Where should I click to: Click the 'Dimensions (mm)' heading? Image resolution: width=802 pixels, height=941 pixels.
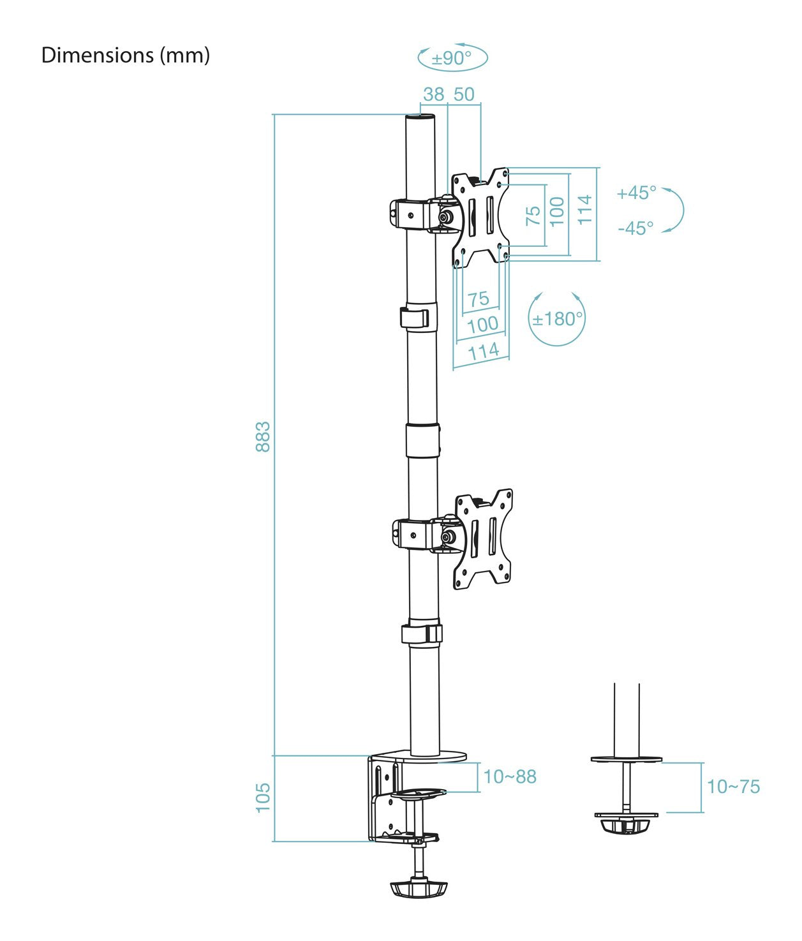click(x=125, y=56)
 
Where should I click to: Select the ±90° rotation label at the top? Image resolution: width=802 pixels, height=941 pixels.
click(x=452, y=58)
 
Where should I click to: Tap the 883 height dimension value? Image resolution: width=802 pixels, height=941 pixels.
click(x=263, y=436)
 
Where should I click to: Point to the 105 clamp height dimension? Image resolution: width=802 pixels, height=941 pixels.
click(x=263, y=797)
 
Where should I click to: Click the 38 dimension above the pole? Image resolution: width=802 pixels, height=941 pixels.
click(x=434, y=94)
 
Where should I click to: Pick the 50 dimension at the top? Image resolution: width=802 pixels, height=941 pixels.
click(x=464, y=94)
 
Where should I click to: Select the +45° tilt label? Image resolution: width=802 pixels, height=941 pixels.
click(x=636, y=193)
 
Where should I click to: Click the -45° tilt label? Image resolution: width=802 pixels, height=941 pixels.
click(x=635, y=228)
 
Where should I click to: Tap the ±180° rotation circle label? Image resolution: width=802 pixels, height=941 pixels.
click(x=558, y=318)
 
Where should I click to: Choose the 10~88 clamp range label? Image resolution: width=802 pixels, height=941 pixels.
click(x=510, y=776)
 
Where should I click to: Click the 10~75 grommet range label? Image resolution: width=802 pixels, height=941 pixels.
click(x=733, y=787)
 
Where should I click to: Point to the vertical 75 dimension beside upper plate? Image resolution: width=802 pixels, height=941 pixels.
click(x=533, y=215)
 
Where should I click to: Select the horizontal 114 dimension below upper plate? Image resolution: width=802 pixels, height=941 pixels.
click(x=483, y=351)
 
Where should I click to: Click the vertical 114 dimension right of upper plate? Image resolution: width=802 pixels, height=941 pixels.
click(x=584, y=209)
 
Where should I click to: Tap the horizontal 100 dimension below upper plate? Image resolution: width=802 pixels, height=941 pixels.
click(x=482, y=324)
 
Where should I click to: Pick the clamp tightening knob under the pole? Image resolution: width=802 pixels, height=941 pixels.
click(x=418, y=889)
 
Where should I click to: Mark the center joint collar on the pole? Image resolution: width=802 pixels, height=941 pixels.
click(x=422, y=440)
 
